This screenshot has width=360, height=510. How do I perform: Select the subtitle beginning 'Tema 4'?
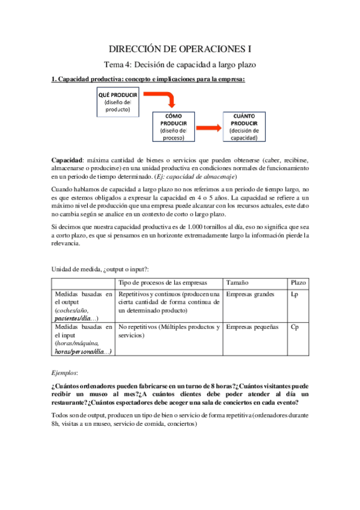tap(180, 65)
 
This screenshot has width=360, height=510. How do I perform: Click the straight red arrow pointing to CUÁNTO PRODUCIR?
tap(208, 127)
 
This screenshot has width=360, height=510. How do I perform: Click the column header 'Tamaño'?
tap(237, 283)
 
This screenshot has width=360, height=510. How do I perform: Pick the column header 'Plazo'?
tap(298, 283)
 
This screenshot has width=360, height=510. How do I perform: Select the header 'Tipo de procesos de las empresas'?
tap(162, 283)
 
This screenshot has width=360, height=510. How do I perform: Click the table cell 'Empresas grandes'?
tap(251, 294)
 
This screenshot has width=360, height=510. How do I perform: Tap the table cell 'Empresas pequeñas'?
tap(253, 327)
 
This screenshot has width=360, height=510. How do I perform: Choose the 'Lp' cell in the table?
tap(294, 294)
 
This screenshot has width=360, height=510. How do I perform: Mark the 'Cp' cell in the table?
tap(294, 327)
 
